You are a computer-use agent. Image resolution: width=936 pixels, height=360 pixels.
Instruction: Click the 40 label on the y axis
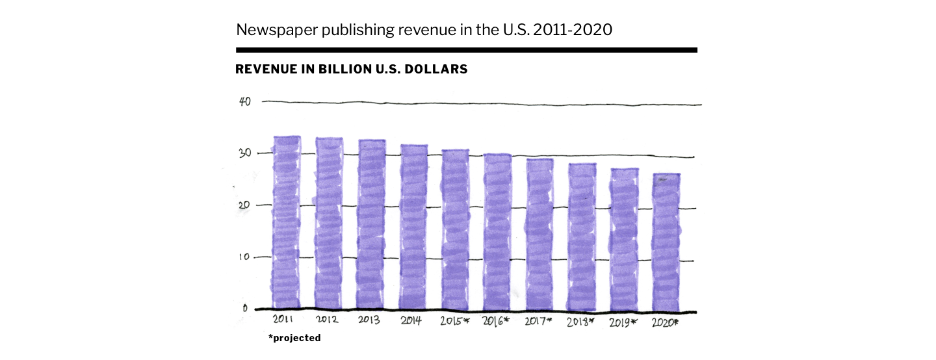pos(245,101)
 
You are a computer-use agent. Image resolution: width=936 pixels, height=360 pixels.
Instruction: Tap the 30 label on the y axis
pos(246,153)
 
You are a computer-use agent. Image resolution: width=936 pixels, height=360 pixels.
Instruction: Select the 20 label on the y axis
pos(245,205)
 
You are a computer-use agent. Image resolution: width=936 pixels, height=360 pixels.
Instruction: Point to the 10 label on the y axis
pos(244,257)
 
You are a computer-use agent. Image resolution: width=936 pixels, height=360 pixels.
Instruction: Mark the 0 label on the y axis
pos(245,308)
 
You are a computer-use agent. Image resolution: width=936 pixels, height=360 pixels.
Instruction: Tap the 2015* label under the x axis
pos(454,321)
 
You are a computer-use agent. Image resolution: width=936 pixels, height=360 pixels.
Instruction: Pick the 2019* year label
pos(623,322)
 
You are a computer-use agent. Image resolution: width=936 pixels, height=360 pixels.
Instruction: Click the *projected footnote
pos(294,338)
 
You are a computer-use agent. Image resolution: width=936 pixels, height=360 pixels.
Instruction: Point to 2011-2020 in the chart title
pos(572,29)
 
